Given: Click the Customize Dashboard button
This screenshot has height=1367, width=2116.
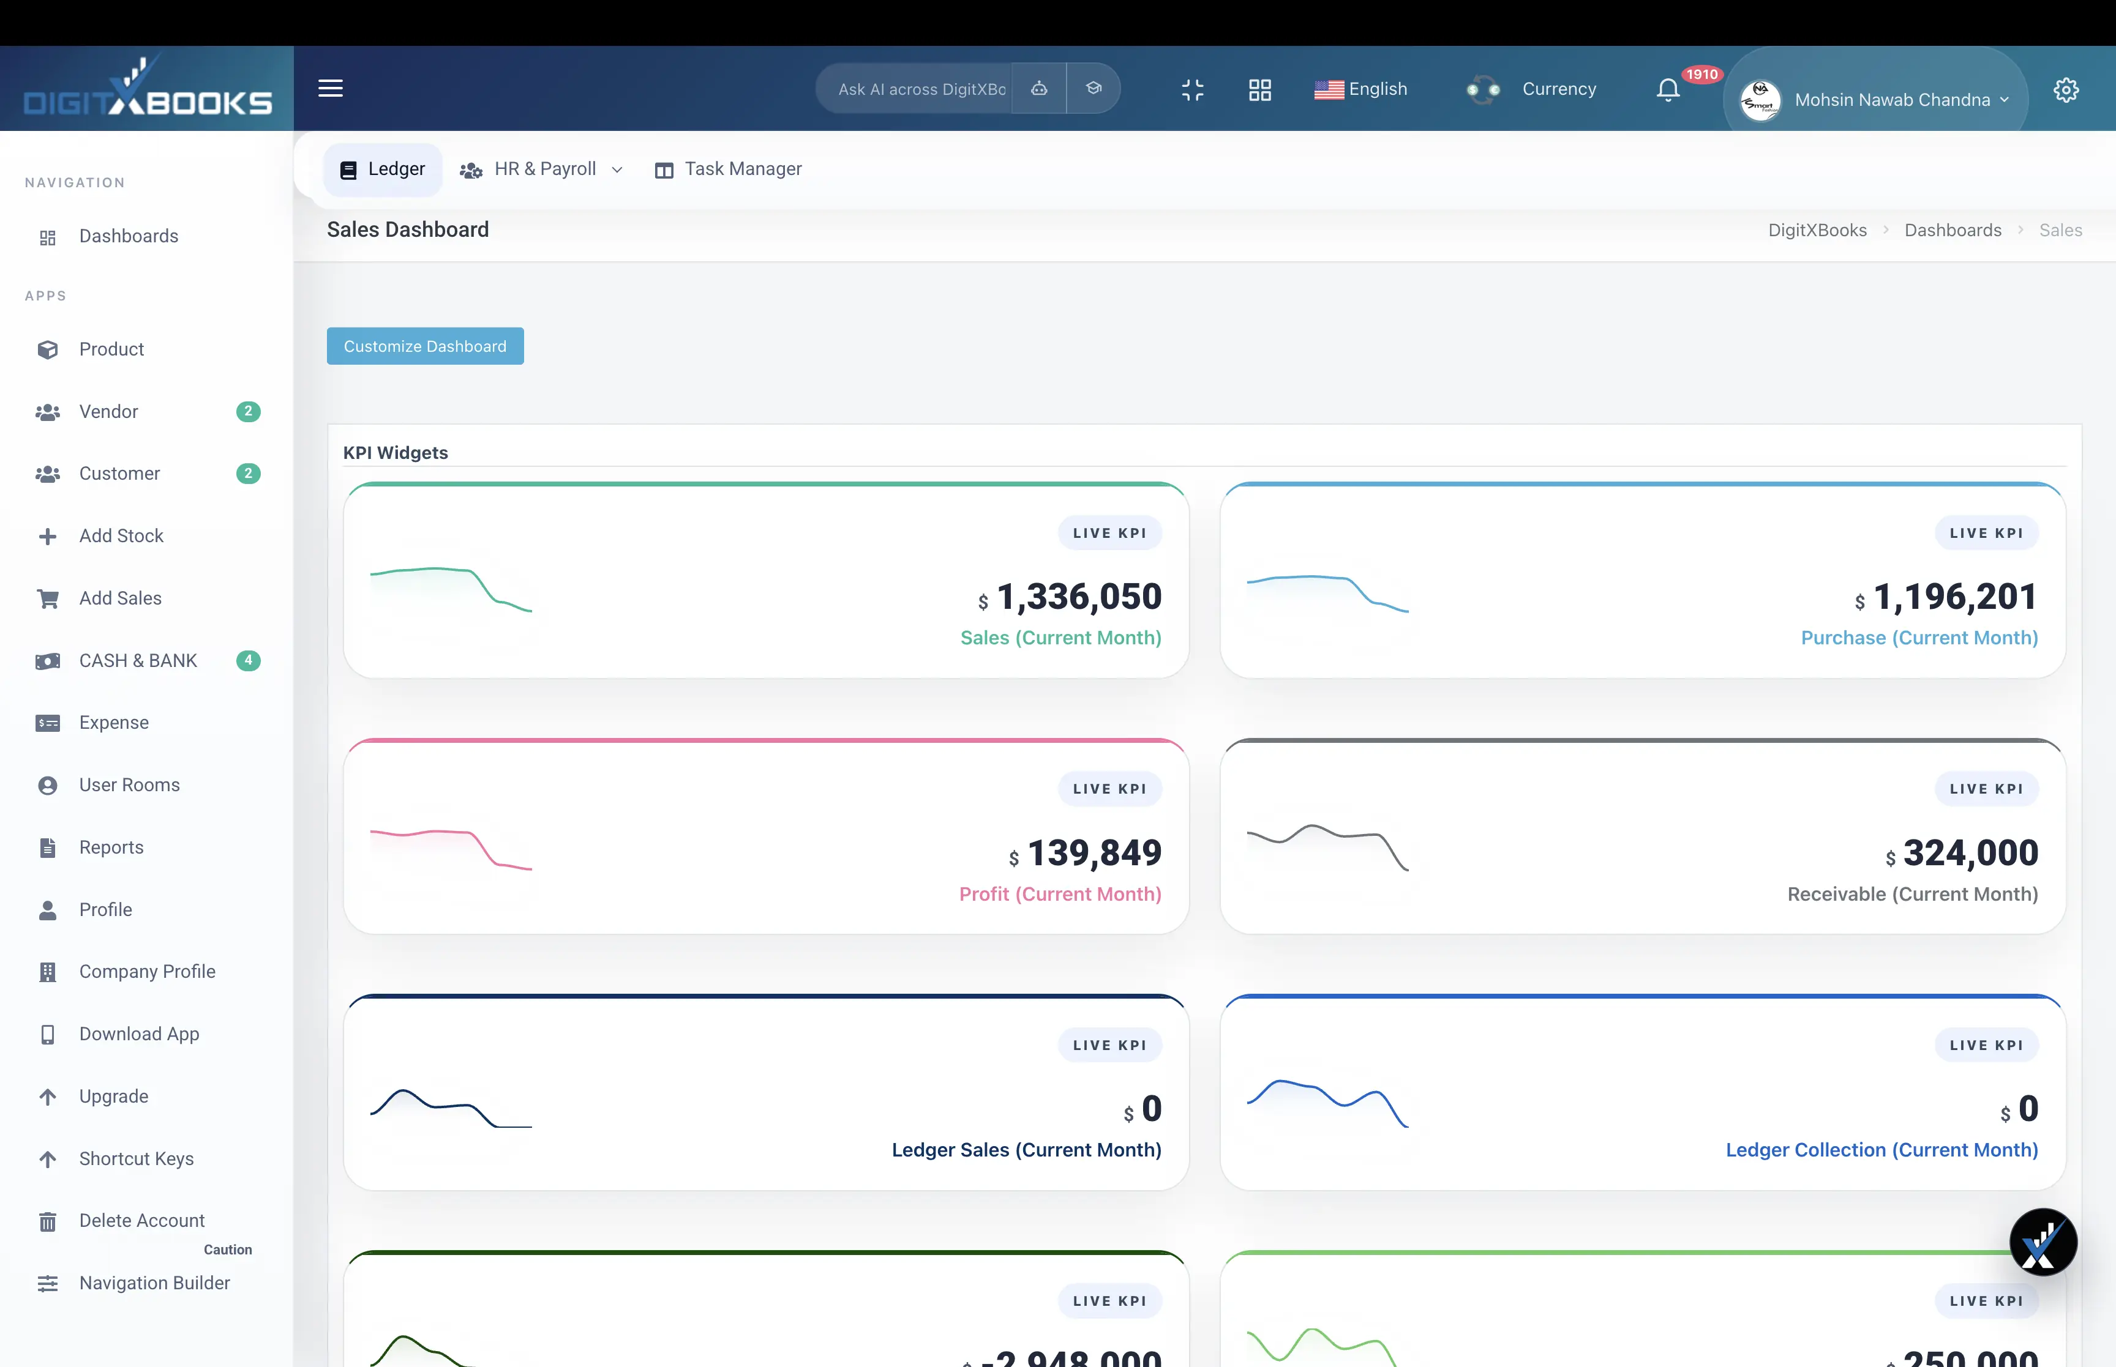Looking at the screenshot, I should pyautogui.click(x=424, y=346).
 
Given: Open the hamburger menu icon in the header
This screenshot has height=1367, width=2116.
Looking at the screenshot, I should pyautogui.click(x=331, y=89).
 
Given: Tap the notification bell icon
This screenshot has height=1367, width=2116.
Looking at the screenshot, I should pyautogui.click(x=1668, y=90).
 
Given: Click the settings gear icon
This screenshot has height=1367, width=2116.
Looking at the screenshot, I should pyautogui.click(x=2065, y=90).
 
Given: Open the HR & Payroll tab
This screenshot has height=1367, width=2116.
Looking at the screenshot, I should pyautogui.click(x=544, y=169).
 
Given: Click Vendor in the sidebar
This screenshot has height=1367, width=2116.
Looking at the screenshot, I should pyautogui.click(x=108, y=412).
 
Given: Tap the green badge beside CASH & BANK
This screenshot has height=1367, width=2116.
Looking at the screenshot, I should pyautogui.click(x=248, y=660).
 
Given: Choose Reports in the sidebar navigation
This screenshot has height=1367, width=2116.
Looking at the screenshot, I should pyautogui.click(x=111, y=847).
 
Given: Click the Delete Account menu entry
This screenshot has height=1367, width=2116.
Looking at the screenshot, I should pyautogui.click(x=141, y=1221).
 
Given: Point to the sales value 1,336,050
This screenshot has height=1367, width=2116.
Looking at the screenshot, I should pyautogui.click(x=1078, y=597).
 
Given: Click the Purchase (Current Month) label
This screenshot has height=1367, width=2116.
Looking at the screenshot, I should pyautogui.click(x=1918, y=638).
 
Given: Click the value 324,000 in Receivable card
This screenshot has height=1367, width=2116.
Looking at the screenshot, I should pyautogui.click(x=1970, y=853).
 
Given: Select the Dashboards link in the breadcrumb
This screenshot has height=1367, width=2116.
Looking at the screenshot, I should pyautogui.click(x=1952, y=231).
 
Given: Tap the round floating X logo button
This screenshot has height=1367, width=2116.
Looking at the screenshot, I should pyautogui.click(x=2043, y=1242).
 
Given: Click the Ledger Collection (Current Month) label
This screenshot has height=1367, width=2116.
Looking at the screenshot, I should pyautogui.click(x=1881, y=1150).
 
